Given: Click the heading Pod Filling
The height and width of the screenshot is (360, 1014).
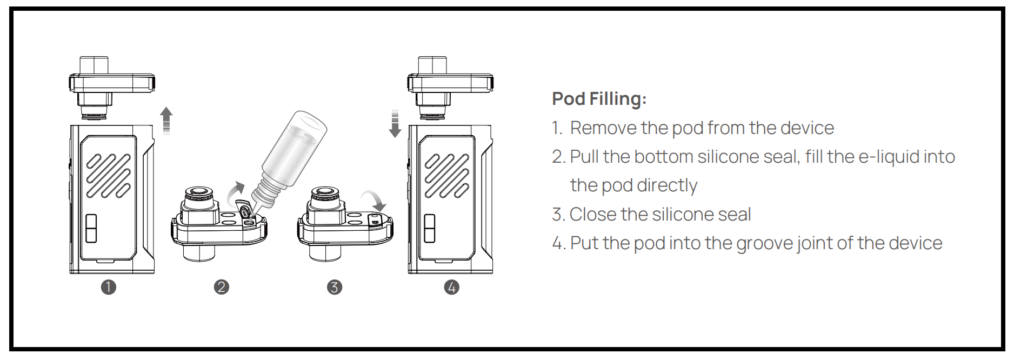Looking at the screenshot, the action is pyautogui.click(x=599, y=99).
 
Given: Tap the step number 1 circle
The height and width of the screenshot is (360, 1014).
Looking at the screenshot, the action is pyautogui.click(x=108, y=287).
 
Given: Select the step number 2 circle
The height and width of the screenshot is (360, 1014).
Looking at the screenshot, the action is pyautogui.click(x=222, y=287).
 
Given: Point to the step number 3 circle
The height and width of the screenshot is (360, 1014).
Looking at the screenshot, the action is pyautogui.click(x=335, y=287).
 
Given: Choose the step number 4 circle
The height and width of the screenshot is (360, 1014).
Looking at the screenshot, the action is pyautogui.click(x=452, y=287).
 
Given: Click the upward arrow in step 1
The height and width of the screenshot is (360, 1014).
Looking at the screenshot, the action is pyautogui.click(x=166, y=120).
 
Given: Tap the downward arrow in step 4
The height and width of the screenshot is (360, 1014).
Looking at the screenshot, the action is pyautogui.click(x=395, y=124).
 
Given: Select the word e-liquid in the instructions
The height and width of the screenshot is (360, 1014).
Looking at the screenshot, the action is pyautogui.click(x=890, y=157).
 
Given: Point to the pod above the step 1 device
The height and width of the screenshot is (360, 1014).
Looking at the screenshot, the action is pyautogui.click(x=112, y=88).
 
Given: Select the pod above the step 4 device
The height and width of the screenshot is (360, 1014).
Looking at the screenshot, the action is pyautogui.click(x=450, y=88).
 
